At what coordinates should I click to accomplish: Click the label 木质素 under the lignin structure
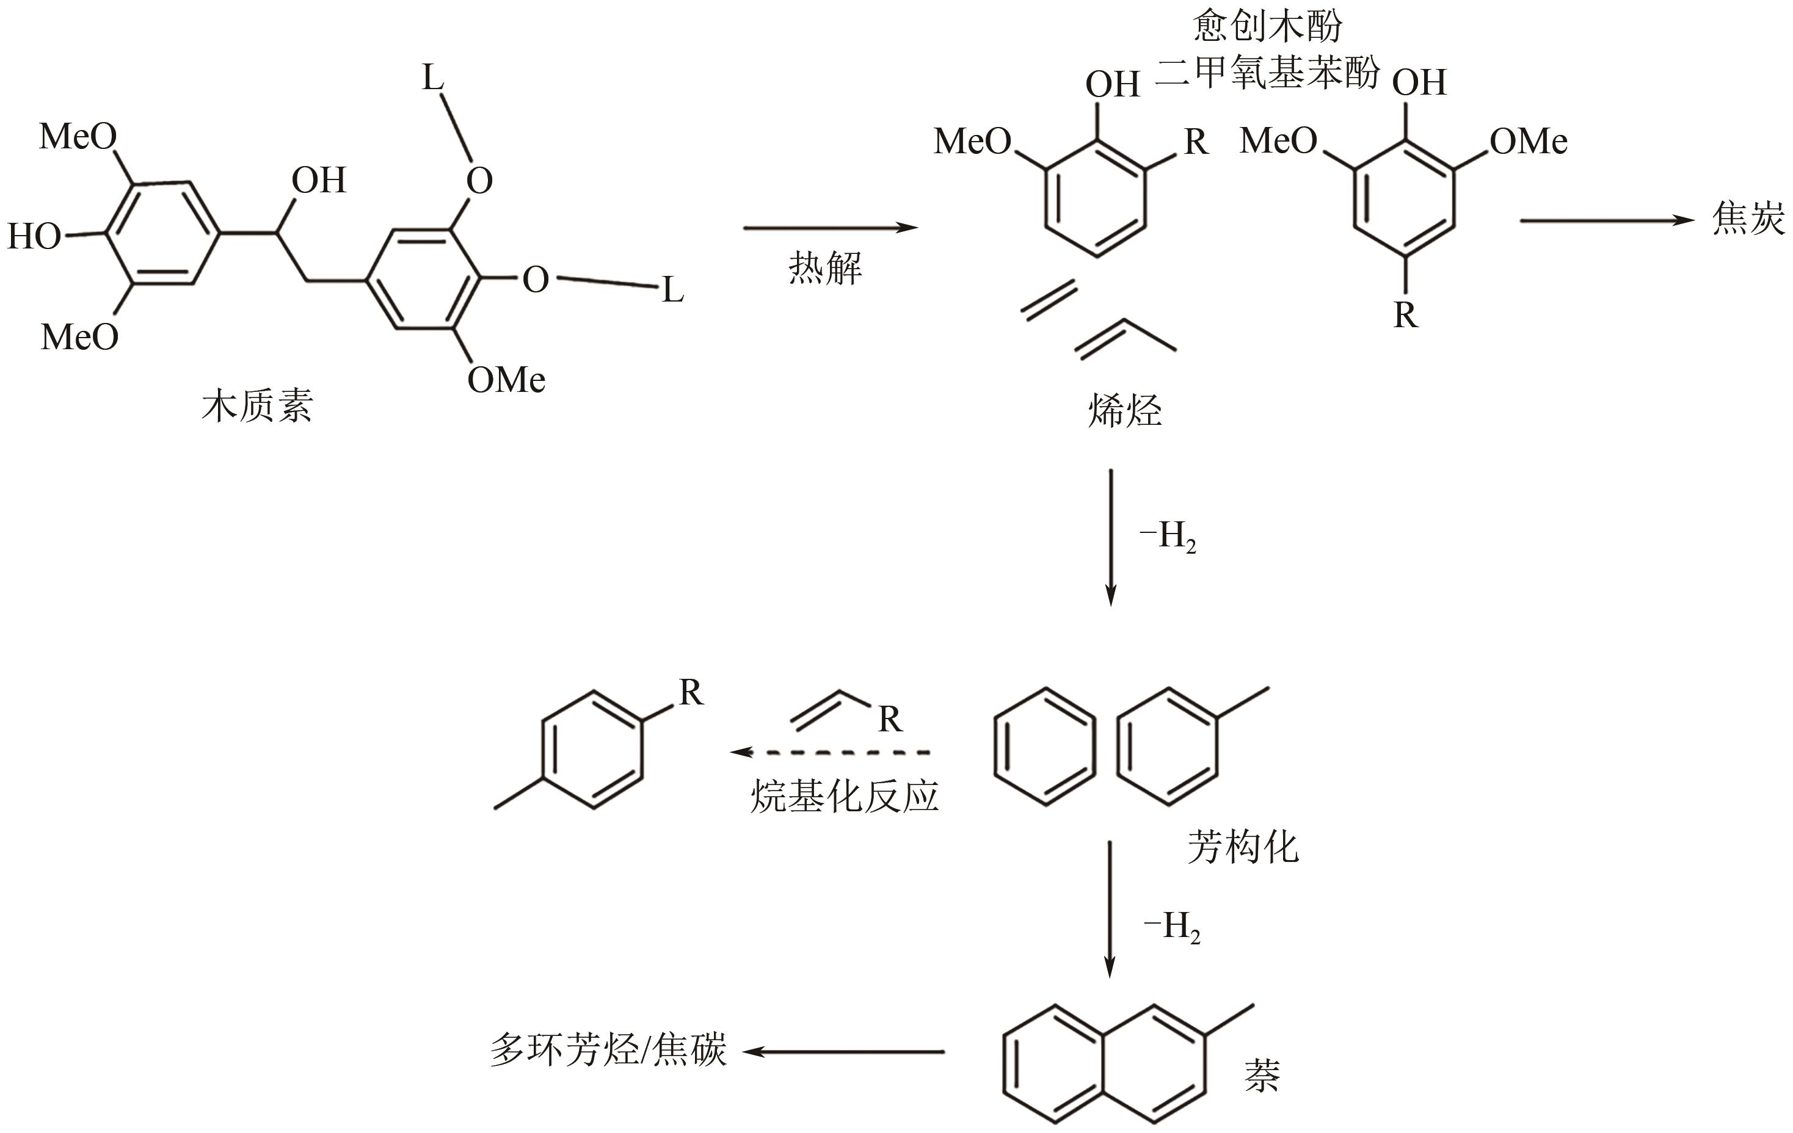(257, 407)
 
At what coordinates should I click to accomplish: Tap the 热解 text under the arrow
(825, 268)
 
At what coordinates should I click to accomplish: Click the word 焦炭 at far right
(1748, 220)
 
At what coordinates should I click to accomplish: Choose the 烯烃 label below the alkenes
(1124, 411)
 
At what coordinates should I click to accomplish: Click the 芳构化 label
(1243, 847)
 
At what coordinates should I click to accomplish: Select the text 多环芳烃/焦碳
(608, 1051)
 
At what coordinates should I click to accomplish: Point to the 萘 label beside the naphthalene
(1262, 1076)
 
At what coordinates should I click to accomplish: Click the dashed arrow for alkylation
(830, 753)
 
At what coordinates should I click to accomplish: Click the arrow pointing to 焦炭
(1607, 220)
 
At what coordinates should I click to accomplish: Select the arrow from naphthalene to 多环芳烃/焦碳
(843, 1052)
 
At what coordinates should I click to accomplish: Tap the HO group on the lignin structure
(34, 237)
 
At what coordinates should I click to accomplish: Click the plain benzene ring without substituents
(1045, 747)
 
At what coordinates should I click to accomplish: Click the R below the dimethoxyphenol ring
(1406, 316)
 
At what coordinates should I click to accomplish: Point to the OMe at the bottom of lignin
(506, 380)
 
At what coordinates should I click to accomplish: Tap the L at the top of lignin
(432, 78)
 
